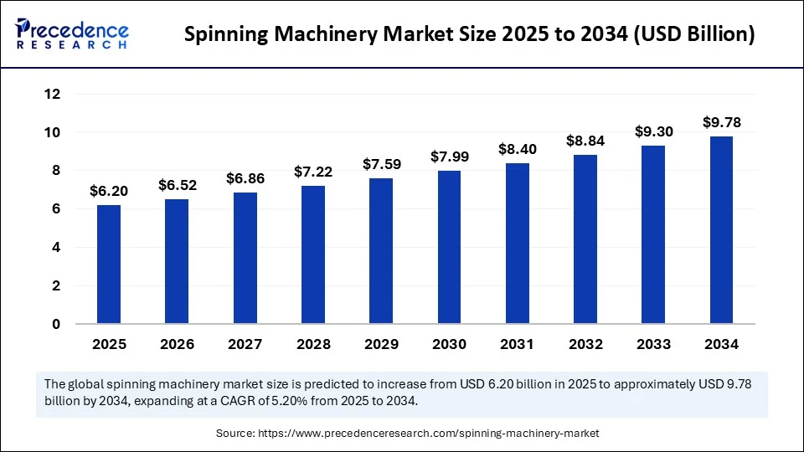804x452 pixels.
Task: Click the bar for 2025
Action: coord(109,264)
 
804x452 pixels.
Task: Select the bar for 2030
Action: coord(449,247)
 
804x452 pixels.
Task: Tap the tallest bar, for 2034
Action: coord(721,229)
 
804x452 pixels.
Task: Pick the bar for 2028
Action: coord(312,254)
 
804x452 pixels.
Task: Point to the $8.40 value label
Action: coord(517,149)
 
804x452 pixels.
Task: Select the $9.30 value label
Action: coord(653,131)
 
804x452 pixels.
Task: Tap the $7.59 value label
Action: coord(380,165)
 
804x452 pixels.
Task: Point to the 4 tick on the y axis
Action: coord(56,248)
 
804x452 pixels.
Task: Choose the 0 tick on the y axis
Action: coord(56,324)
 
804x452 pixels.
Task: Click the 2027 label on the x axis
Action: coord(245,344)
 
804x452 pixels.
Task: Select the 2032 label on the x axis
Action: coord(585,344)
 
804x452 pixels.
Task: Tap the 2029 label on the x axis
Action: coord(380,344)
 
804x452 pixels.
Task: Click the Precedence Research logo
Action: coord(72,34)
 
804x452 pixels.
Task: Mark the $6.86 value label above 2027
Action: coord(245,178)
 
